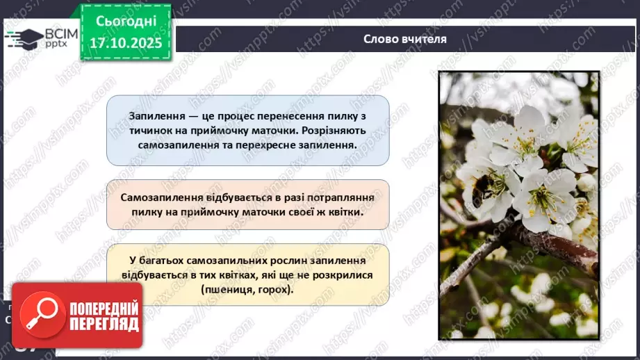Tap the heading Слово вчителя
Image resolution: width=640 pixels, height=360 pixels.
404,39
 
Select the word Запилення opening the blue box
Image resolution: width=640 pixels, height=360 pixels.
157,115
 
